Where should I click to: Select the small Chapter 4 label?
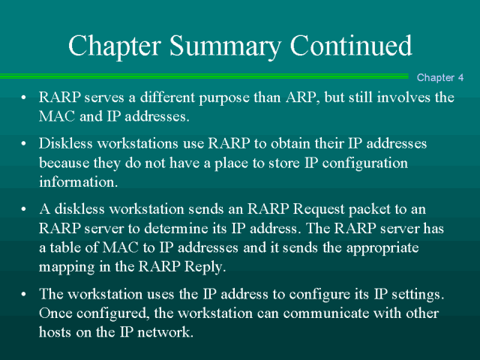click(x=440, y=77)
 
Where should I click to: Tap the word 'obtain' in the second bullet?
click(x=276, y=143)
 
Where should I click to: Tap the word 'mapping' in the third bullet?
click(x=64, y=266)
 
